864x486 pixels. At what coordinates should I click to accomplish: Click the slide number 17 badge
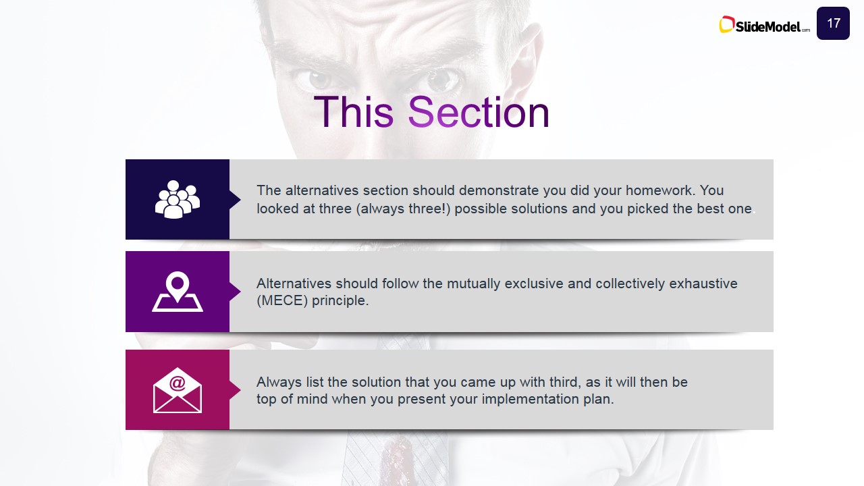coord(833,23)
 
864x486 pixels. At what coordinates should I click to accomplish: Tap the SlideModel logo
coord(764,25)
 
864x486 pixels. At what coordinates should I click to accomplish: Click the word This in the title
coord(354,112)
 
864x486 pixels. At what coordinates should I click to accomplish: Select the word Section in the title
coord(479,112)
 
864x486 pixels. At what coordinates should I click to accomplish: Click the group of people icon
coord(178,199)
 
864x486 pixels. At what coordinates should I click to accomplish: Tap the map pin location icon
coord(178,292)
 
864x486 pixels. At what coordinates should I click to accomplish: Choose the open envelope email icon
coord(178,390)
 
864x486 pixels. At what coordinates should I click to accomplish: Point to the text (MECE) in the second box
coord(282,300)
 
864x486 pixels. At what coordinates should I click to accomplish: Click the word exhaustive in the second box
coord(703,283)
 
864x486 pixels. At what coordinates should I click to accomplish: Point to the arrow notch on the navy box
coord(235,199)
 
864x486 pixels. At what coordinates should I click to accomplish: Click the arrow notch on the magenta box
coord(235,390)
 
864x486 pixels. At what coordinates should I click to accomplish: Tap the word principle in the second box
coord(340,300)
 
